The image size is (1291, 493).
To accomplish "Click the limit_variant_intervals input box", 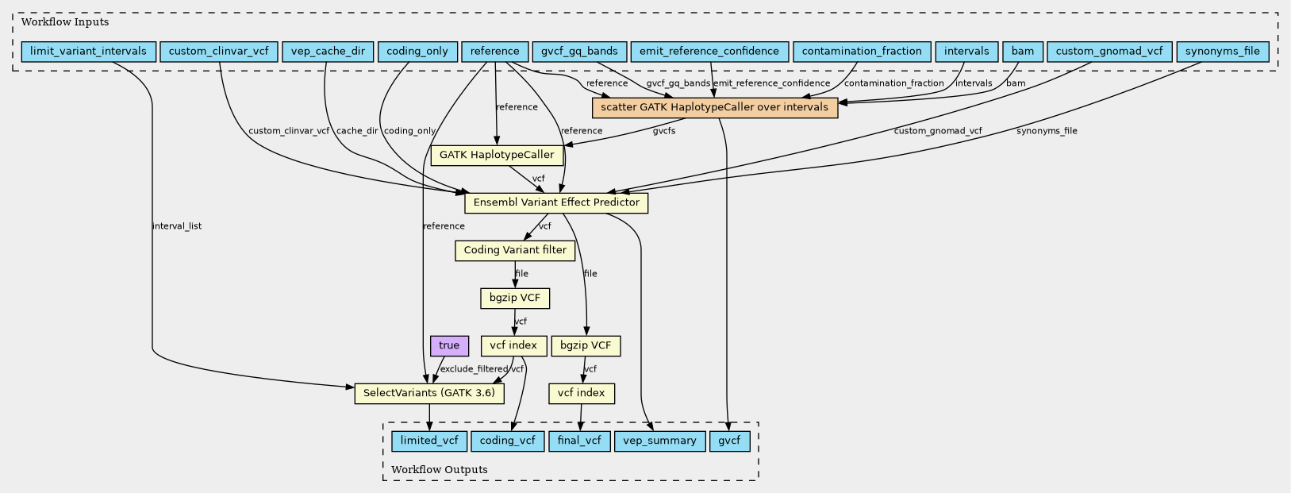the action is [88, 52].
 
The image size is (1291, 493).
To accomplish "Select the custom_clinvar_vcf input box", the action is [218, 52].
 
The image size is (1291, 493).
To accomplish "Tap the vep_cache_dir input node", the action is [328, 52].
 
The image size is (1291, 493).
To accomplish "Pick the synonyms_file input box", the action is [1223, 52].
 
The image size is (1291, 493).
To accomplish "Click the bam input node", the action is [1023, 52].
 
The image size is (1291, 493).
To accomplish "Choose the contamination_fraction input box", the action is [862, 52].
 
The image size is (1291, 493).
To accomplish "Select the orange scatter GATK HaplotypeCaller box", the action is [715, 107].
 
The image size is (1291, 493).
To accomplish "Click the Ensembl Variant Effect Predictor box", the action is [556, 202].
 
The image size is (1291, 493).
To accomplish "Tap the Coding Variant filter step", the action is [515, 250].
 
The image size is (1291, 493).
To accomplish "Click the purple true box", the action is [449, 345].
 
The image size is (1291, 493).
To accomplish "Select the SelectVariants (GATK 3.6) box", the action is [429, 393].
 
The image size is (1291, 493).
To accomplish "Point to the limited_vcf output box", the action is [429, 441].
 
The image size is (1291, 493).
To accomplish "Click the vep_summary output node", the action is [660, 441].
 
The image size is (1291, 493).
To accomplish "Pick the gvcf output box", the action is [730, 441].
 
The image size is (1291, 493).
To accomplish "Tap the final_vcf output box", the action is [579, 441].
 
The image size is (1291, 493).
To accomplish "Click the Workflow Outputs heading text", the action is [439, 469].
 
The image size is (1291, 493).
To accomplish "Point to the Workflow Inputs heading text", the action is [65, 22].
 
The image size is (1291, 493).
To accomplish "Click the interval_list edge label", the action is [177, 226].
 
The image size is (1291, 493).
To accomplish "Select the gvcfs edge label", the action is [664, 131].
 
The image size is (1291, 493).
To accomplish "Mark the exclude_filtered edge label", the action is [474, 369].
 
